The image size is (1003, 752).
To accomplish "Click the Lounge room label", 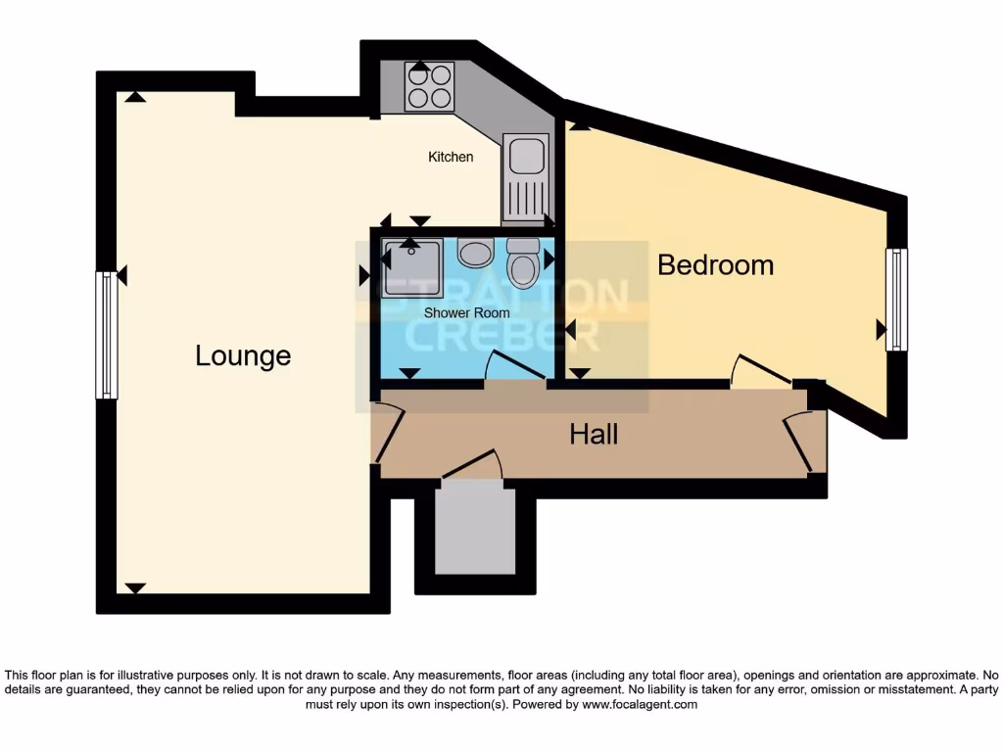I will [x=243, y=355].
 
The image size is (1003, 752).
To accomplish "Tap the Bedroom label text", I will [x=715, y=265].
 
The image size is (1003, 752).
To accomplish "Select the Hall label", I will [x=594, y=434].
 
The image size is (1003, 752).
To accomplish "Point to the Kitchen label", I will [x=451, y=157].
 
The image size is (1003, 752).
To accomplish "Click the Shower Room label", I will [x=466, y=313].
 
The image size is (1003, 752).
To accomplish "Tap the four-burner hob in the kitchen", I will [x=429, y=85].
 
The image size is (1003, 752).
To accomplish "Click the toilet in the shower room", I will [x=522, y=262].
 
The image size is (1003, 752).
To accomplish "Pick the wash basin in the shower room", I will [x=476, y=253].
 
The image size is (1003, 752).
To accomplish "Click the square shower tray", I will [x=412, y=266].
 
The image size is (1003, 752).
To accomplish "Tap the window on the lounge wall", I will [x=106, y=335].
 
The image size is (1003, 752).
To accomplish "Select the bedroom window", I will [x=895, y=300].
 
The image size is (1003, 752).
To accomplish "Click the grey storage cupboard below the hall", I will [x=474, y=530].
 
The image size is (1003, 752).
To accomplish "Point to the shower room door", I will [x=515, y=368].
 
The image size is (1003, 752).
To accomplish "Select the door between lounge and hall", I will [x=386, y=436].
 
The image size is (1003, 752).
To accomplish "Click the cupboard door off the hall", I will [x=472, y=463].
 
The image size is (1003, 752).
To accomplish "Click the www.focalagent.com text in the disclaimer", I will [x=640, y=704].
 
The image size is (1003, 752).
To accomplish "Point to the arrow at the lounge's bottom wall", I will [x=134, y=587].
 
